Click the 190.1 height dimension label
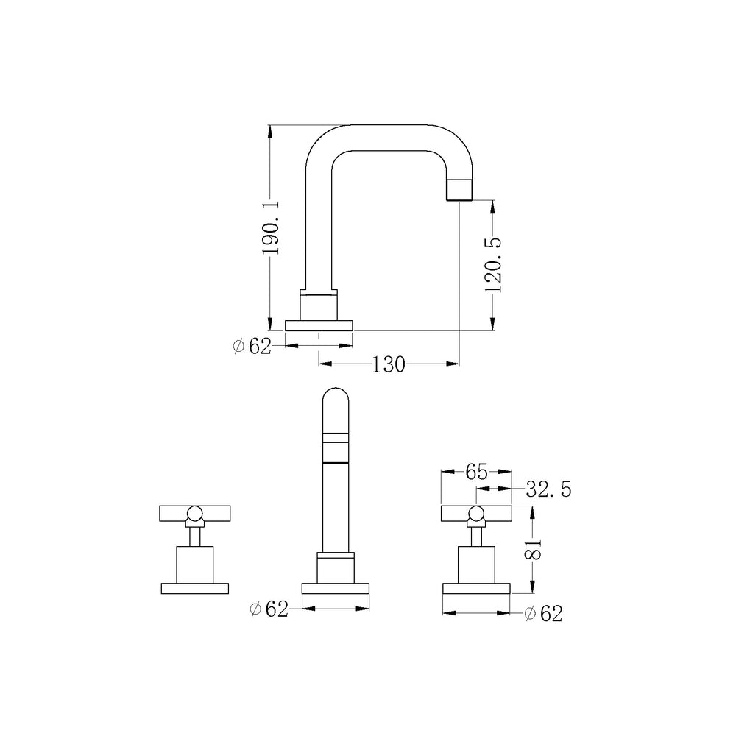point(272,227)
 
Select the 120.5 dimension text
point(493,265)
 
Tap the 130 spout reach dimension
point(388,364)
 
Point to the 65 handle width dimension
point(476,473)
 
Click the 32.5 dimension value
point(548,489)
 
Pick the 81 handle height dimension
point(533,549)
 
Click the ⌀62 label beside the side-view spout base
point(252,347)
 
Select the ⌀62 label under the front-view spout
point(269,609)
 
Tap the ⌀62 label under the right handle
point(543,614)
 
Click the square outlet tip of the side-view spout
point(459,190)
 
